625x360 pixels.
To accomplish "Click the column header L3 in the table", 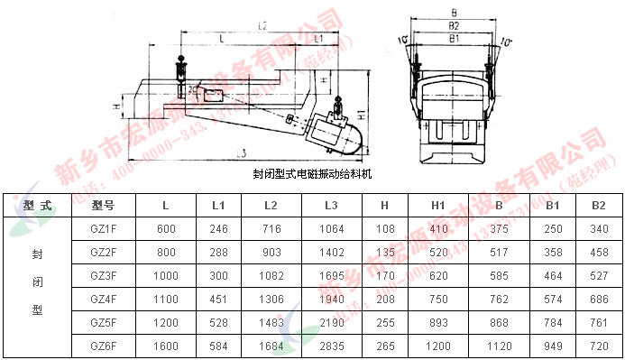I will click(330, 206).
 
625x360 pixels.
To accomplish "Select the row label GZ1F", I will click(104, 229).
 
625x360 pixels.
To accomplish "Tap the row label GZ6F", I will click(104, 345).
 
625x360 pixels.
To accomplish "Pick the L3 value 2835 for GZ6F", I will click(331, 345).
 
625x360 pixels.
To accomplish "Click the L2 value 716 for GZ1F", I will click(270, 229).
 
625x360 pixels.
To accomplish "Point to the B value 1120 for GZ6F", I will click(498, 345).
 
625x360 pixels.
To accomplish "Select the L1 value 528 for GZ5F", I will click(218, 322).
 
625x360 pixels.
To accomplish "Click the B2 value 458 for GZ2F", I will click(598, 253).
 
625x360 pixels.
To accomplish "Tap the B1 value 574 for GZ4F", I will click(552, 299).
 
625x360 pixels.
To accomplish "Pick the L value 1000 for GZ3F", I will click(166, 275).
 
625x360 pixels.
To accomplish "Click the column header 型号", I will click(104, 206).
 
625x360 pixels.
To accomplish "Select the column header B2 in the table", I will click(598, 206).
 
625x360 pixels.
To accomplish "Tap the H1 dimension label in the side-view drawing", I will click(361, 116).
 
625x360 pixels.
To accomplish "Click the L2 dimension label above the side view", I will click(261, 26).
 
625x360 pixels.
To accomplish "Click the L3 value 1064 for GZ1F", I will click(331, 229).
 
